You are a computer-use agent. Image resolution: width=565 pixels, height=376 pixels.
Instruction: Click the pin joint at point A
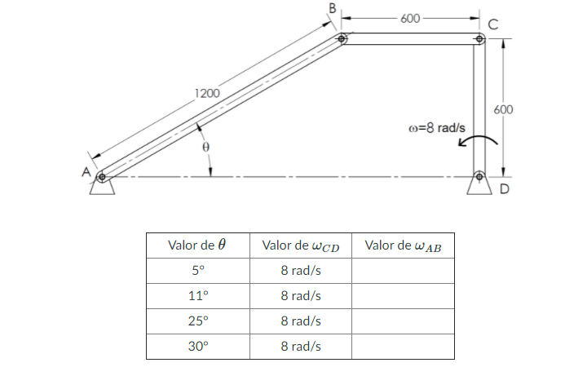(x=101, y=176)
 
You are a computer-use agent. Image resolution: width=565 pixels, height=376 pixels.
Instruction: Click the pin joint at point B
(x=342, y=38)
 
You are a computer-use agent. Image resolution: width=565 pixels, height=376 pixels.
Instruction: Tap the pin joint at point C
(x=479, y=38)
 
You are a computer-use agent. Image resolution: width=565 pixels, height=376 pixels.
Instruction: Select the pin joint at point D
(x=479, y=175)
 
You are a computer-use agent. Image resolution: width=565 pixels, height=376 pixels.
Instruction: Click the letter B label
(x=332, y=7)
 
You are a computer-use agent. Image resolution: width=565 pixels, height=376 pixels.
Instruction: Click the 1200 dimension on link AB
(x=207, y=93)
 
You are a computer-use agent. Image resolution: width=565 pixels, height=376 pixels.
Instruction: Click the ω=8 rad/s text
(x=437, y=128)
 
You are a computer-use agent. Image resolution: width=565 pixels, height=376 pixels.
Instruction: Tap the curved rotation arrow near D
(x=476, y=141)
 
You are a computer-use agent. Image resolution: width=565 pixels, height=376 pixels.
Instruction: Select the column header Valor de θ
(x=196, y=245)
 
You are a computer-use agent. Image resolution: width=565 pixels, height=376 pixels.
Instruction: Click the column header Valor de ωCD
(x=300, y=245)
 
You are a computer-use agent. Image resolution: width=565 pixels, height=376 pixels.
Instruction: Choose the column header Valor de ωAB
(x=402, y=245)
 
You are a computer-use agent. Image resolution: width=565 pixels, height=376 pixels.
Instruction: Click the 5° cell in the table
(x=196, y=271)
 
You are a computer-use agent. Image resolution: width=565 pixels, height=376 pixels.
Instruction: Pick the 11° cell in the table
(x=196, y=296)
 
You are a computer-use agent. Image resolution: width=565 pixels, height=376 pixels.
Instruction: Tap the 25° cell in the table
(x=196, y=321)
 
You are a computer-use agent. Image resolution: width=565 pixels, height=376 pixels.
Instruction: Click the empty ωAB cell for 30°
(x=402, y=347)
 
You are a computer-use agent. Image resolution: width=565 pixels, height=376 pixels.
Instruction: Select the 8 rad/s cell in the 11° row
(x=300, y=296)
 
